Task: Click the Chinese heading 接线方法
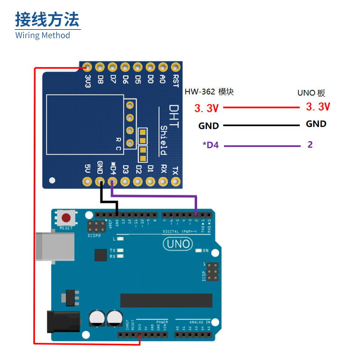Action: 47,20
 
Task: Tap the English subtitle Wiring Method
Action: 43,35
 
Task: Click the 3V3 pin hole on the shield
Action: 87,67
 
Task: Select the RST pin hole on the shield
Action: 175,67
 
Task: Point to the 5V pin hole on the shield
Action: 87,182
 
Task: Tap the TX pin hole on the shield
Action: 175,182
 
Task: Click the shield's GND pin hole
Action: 100,182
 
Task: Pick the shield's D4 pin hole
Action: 112,182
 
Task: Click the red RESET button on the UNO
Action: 66,218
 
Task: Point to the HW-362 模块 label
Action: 209,92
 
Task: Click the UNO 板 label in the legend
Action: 311,93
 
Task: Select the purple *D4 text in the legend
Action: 210,145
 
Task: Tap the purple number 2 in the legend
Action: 310,144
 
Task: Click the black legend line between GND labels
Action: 261,125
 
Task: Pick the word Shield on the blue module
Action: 164,140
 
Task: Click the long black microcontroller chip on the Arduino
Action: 166,301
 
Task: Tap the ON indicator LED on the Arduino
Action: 199,250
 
